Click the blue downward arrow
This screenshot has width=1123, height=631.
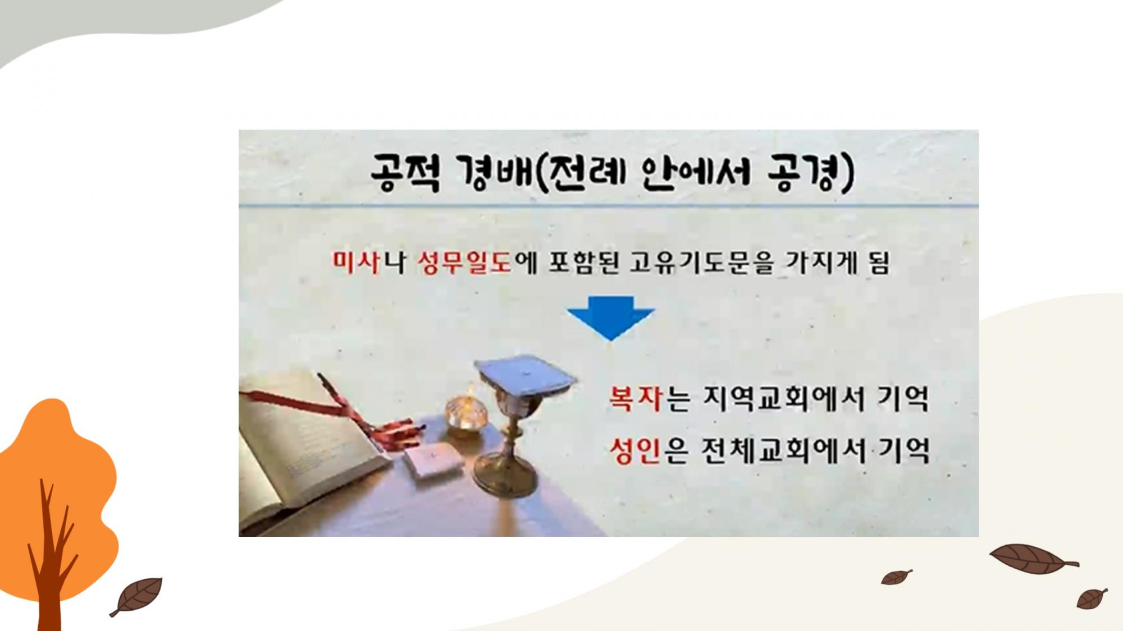[x=611, y=317]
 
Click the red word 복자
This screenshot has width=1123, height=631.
[x=636, y=398]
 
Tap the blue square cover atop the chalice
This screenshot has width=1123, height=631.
[x=525, y=375]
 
